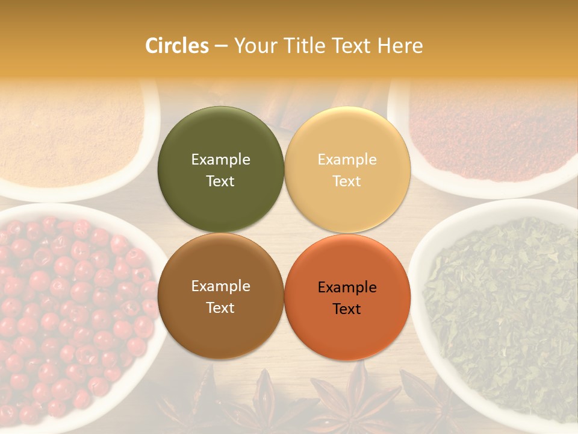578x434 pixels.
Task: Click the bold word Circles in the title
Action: point(176,46)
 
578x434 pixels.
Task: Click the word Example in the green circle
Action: point(220,160)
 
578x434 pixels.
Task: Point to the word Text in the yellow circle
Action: point(347,181)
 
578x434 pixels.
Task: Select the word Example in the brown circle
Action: point(220,286)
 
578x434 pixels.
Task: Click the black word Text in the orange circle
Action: point(347,309)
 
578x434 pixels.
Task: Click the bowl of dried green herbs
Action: point(500,313)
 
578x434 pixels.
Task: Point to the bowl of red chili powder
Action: point(488,133)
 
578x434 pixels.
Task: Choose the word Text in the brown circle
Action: point(220,308)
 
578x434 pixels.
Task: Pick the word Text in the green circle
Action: point(220,181)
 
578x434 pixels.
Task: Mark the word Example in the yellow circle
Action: point(347,160)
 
